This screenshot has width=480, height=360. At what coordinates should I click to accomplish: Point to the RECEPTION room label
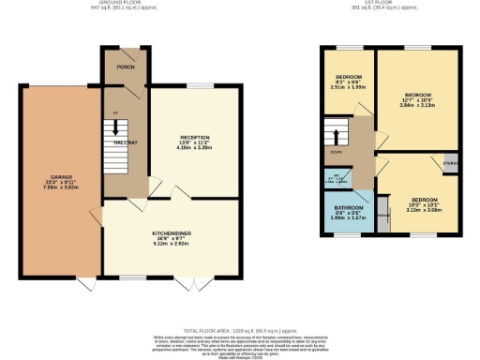(x=194, y=138)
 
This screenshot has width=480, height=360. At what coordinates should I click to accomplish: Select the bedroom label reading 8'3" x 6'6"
(x=348, y=77)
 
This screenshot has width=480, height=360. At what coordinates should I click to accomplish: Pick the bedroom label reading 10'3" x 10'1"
(x=412, y=200)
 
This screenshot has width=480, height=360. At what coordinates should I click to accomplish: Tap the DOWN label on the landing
(x=335, y=151)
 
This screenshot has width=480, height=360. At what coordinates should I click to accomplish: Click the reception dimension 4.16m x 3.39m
(x=194, y=148)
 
